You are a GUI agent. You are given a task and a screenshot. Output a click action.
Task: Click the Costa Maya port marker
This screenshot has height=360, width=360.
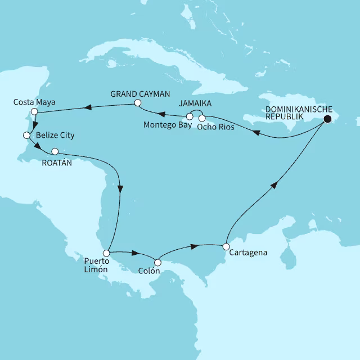click(x=35, y=112)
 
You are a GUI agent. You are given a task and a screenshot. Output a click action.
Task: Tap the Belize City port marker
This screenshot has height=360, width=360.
click(x=26, y=136)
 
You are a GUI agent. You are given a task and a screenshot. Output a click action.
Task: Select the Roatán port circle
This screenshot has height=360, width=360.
click(x=55, y=151)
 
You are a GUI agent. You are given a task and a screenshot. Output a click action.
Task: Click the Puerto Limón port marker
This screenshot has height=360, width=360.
click(x=106, y=253)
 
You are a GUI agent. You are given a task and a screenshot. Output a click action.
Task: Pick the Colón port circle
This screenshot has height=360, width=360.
click(x=158, y=262)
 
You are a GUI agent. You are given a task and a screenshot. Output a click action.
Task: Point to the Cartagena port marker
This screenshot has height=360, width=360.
click(x=226, y=246)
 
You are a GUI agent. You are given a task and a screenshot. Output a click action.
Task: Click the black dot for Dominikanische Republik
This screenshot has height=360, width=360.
click(x=327, y=119)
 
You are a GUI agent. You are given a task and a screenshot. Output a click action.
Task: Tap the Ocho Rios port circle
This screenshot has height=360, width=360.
click(x=202, y=118)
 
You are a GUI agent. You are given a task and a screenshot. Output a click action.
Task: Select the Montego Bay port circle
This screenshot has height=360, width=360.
click(x=190, y=117)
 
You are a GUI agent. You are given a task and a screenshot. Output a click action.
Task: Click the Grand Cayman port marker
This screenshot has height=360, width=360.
click(x=137, y=103)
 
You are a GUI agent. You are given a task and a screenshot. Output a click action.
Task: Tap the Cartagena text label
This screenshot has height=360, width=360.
click(x=248, y=253)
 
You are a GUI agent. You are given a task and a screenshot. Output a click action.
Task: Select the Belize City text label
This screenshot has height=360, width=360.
click(x=55, y=136)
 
